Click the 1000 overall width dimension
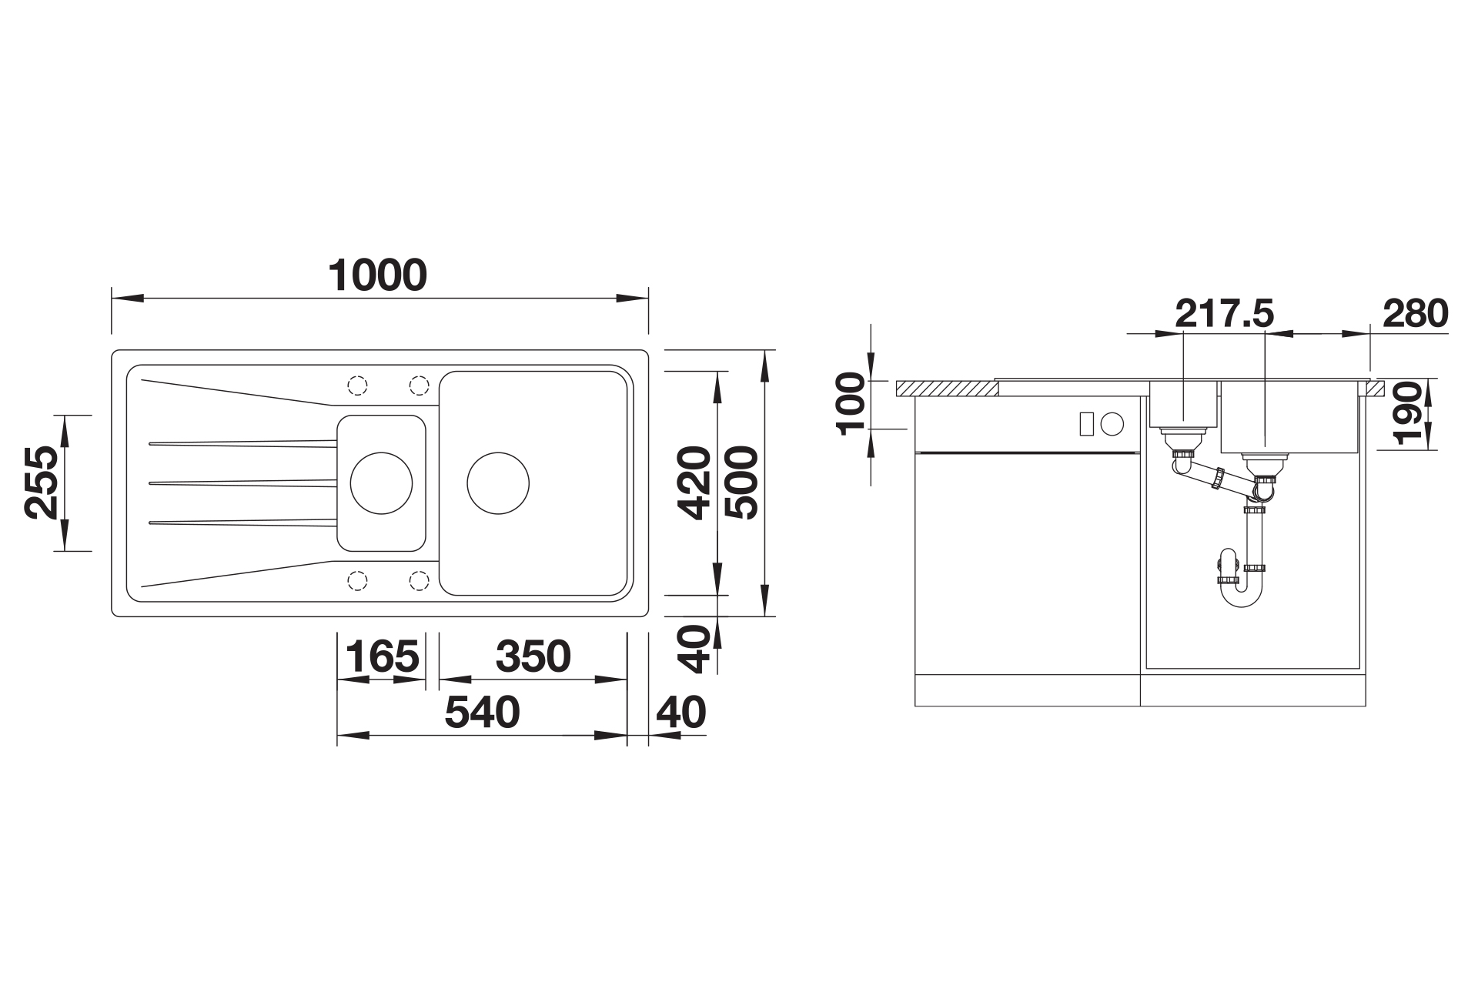pos(377,275)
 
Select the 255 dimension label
pos(41,482)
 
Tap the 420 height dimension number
pos(694,482)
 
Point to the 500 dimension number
pos(742,482)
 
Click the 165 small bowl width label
pos(383,656)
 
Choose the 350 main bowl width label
pos(533,656)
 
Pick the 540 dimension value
pos(483,713)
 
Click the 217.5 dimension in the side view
pos(1225,313)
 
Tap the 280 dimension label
pos(1415,313)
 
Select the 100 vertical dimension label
pos(853,404)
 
